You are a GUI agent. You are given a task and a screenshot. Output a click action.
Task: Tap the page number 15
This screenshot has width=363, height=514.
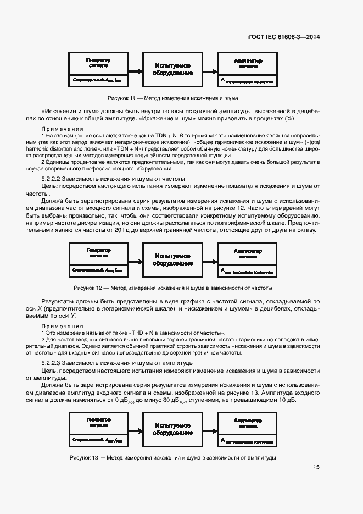[x=316, y=467]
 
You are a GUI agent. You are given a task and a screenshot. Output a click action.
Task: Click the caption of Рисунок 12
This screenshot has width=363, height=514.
[x=173, y=288]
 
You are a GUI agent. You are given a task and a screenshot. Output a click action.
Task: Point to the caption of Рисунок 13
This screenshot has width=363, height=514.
[x=173, y=458]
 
